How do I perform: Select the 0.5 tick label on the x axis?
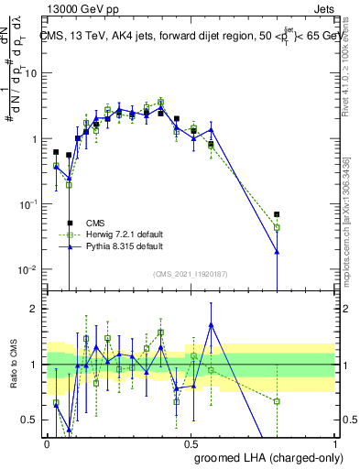click(191, 442)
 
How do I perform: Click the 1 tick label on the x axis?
click(334, 442)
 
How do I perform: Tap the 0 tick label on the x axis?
click(48, 442)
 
